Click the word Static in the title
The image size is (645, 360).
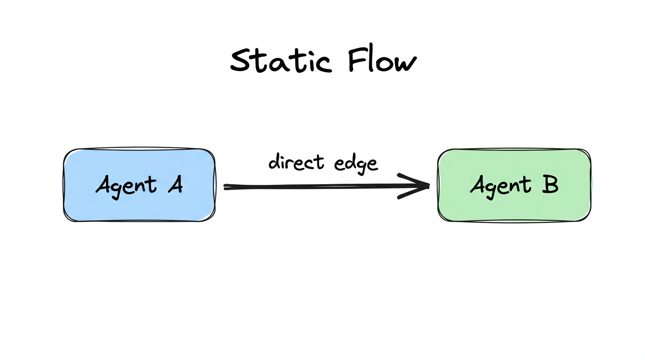(280, 61)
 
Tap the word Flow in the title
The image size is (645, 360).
(382, 61)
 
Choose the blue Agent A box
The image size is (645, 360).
(139, 185)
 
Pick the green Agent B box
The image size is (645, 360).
(514, 185)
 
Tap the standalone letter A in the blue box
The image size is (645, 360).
(174, 185)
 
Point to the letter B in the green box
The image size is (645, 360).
(550, 185)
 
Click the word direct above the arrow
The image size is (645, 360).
(296, 162)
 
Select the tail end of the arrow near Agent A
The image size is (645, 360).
(226, 187)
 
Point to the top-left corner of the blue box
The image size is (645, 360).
(65, 151)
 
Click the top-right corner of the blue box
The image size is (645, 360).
(214, 151)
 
